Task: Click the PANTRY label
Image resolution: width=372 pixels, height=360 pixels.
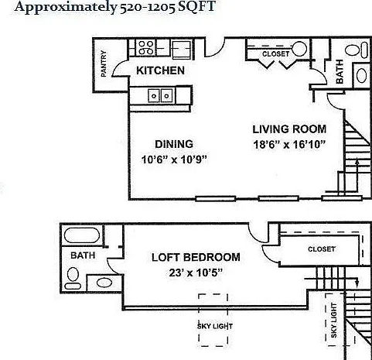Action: click(104, 63)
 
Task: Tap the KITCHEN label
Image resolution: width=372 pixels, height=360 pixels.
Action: click(160, 70)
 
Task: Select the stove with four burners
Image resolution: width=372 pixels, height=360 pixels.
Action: click(145, 47)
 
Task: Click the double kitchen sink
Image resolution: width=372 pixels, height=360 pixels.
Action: click(160, 95)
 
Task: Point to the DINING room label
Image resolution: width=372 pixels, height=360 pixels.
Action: click(174, 144)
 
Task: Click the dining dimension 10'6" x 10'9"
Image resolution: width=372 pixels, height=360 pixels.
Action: click(175, 159)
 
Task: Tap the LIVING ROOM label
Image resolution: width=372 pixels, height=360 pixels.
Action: click(289, 129)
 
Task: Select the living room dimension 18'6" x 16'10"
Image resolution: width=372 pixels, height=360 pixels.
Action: click(290, 145)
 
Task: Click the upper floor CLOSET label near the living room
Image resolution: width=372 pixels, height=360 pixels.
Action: click(275, 54)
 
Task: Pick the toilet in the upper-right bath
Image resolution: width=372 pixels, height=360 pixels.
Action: click(357, 50)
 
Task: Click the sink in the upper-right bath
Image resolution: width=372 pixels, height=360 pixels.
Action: click(361, 75)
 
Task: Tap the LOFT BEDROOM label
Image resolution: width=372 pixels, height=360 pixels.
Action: click(196, 257)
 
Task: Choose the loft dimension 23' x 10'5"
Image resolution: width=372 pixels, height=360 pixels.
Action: click(196, 273)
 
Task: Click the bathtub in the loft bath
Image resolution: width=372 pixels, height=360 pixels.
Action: click(82, 235)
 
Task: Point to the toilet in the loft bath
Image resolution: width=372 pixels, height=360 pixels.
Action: click(73, 278)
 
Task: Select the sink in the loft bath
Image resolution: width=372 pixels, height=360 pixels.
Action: click(104, 283)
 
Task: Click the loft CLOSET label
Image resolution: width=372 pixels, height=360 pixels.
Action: click(322, 249)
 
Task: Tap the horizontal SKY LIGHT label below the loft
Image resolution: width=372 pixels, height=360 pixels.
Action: click(215, 327)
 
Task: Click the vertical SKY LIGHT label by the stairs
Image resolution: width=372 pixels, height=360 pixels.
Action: click(333, 321)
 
